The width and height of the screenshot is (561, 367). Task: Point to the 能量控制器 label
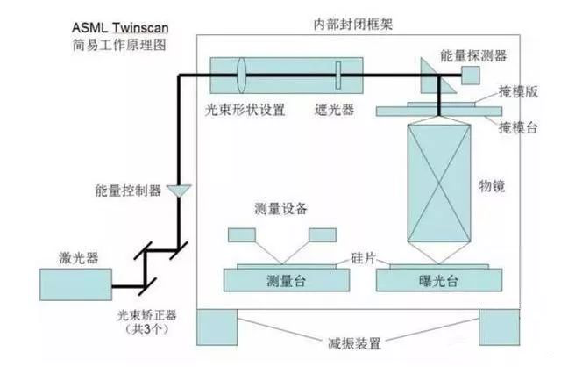129,190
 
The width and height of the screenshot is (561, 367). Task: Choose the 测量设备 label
280,210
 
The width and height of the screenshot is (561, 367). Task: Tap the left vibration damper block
225,327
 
